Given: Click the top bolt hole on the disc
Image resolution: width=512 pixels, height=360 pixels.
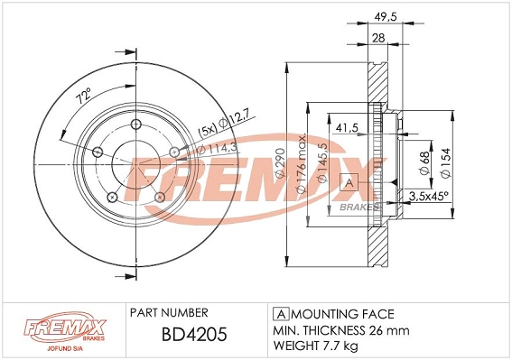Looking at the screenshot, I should (135, 125).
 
